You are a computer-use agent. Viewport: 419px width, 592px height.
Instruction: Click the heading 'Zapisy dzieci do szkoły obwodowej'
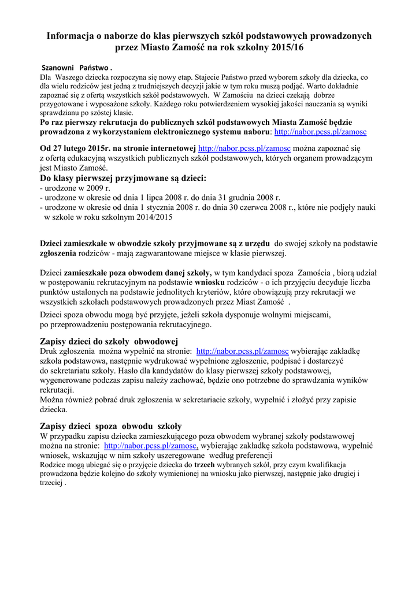click(x=109, y=340)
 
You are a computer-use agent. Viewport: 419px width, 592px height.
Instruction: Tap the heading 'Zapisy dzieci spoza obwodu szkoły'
click(x=111, y=425)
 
